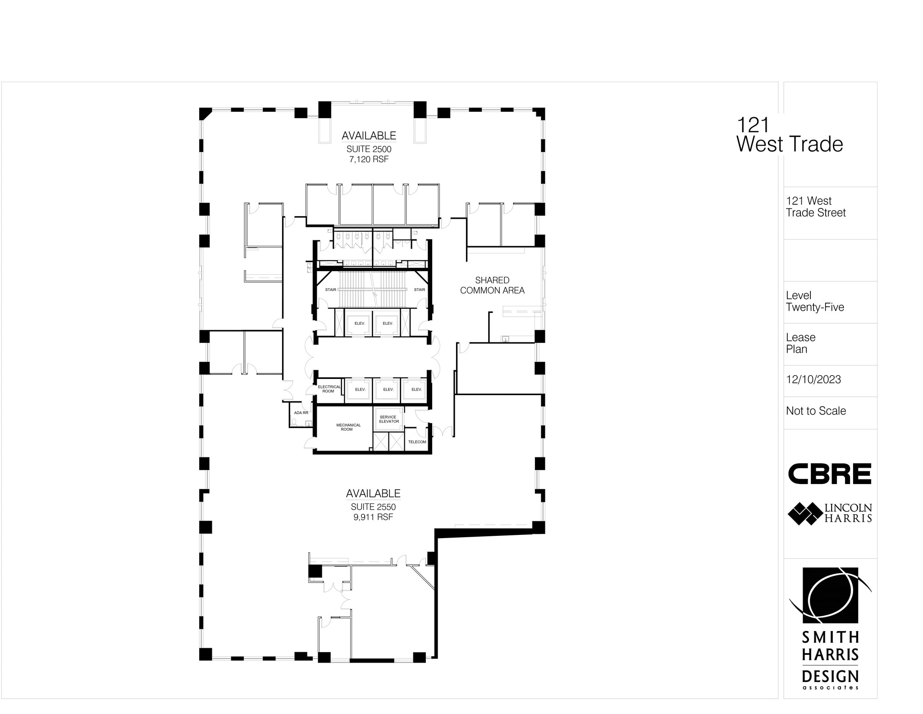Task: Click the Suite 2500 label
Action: point(369,149)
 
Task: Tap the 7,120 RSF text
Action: point(369,159)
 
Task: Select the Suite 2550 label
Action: point(373,507)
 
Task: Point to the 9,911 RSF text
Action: point(373,517)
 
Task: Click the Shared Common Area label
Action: point(492,286)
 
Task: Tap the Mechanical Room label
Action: point(348,427)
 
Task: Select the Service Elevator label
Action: point(388,419)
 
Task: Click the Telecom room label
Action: point(417,442)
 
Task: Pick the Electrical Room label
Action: point(329,389)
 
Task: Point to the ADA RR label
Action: point(301,413)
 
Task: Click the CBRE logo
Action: point(830,474)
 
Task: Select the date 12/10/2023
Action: point(813,380)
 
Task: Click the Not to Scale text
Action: point(816,411)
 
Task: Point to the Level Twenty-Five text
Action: point(815,301)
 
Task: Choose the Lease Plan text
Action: point(800,343)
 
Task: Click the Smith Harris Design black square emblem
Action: point(830,595)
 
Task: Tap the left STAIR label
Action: point(330,290)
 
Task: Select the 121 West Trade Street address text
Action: point(816,207)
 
